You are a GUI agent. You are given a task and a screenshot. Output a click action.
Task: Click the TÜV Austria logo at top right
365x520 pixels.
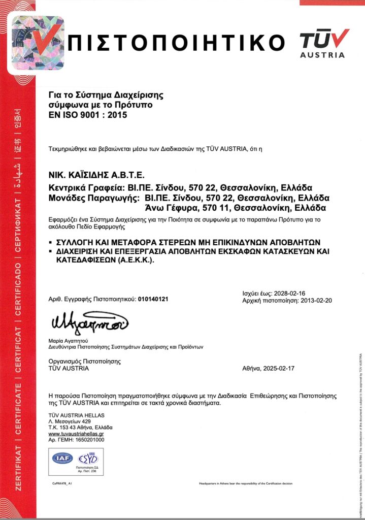(x=324, y=43)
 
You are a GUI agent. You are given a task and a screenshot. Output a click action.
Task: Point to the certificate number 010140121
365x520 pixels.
(x=153, y=299)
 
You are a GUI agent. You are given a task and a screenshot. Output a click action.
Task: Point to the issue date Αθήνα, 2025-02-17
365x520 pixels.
(x=269, y=369)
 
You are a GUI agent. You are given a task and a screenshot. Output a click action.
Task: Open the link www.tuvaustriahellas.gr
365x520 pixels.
(x=76, y=434)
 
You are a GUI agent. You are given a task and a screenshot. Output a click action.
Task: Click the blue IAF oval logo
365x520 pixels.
(x=62, y=458)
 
